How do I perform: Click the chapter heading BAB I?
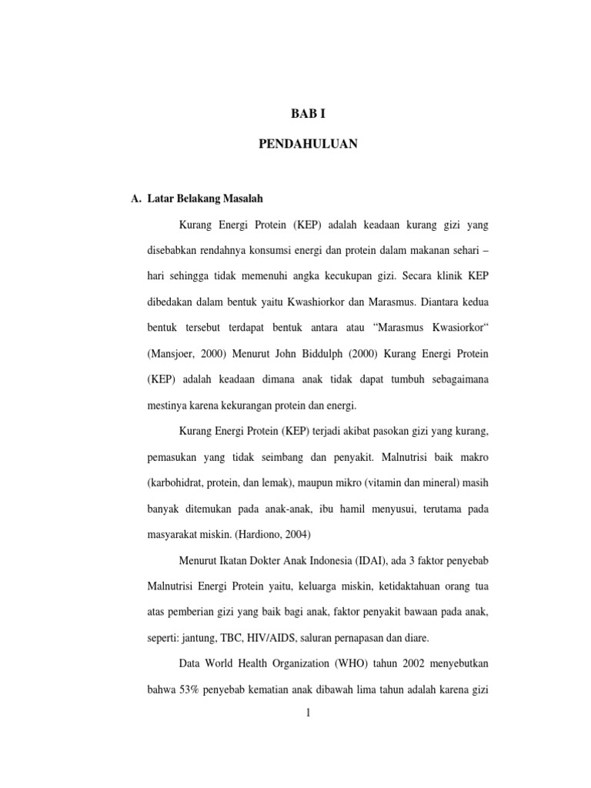click(308, 113)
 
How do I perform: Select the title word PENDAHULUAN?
click(308, 143)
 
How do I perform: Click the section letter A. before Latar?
click(137, 199)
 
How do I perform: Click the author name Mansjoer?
click(172, 352)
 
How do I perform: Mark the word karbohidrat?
click(176, 482)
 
